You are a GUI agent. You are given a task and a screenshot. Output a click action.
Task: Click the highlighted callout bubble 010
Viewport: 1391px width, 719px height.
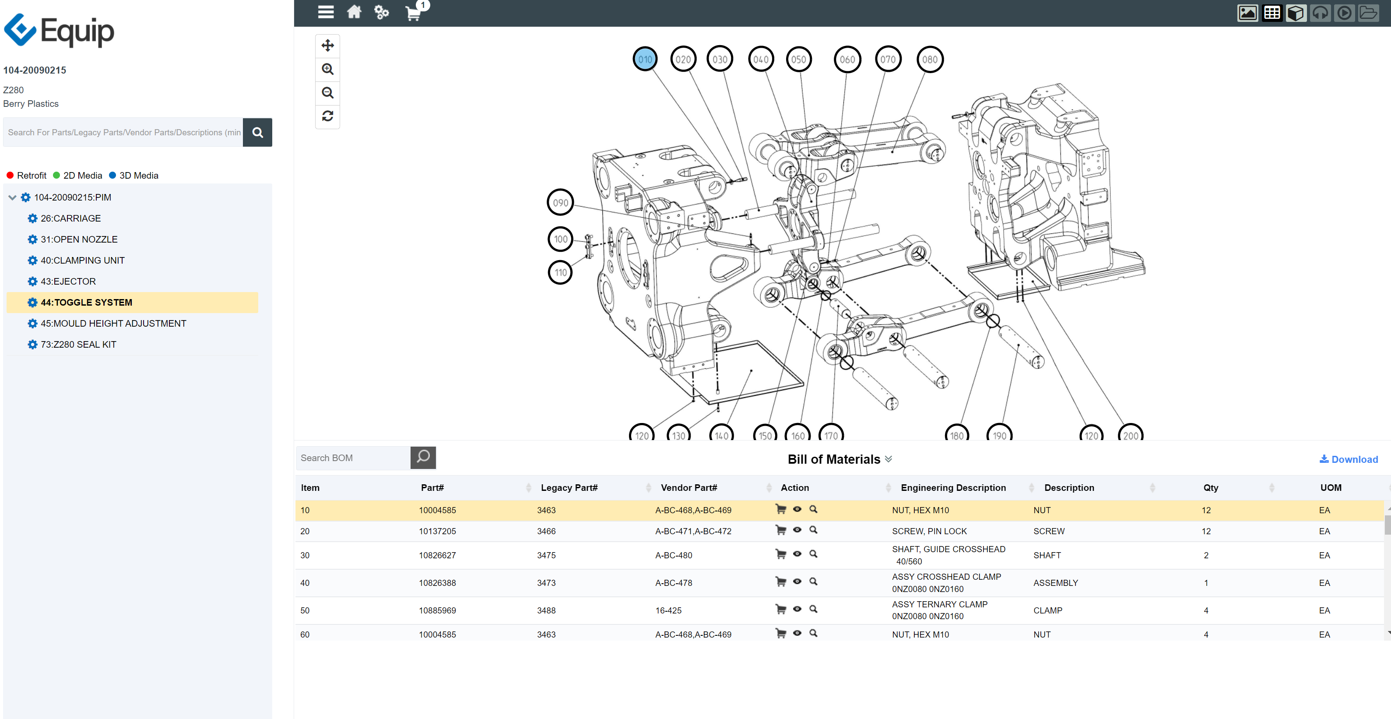pos(645,60)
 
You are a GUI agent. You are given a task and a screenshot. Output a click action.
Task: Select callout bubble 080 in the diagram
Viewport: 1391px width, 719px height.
pos(929,60)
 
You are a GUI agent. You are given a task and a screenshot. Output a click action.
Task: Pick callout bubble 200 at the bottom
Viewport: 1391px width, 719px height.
pos(1130,434)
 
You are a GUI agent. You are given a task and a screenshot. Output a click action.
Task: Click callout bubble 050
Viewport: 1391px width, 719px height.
pos(798,60)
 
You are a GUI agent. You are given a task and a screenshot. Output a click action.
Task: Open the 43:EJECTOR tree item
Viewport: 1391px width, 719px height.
pos(68,282)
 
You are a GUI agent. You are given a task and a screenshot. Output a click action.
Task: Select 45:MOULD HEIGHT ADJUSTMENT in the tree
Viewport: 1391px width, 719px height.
pos(113,324)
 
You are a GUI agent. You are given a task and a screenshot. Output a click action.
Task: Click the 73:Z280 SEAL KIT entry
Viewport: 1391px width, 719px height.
pos(78,345)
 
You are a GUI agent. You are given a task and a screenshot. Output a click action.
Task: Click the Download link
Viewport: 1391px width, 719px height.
pos(1349,459)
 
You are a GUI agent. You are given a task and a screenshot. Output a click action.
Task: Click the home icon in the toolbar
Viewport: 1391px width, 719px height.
pos(354,12)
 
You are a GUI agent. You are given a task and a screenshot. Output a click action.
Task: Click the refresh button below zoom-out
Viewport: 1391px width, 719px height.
pos(327,116)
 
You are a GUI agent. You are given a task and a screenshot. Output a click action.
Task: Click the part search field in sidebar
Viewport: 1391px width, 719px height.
pos(123,132)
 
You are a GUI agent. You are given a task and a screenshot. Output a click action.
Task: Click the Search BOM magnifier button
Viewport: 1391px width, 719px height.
pos(423,458)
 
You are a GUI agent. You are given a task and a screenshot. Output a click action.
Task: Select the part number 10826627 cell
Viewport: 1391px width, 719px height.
pos(437,555)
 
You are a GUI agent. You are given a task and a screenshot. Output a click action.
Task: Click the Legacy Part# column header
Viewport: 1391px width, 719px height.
pos(569,487)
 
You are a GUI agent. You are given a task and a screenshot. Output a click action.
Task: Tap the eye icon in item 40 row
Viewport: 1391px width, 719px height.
pos(797,581)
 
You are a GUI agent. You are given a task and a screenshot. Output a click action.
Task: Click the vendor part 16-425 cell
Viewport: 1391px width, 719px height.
pos(668,610)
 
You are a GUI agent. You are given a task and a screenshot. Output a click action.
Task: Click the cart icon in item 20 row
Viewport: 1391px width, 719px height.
pos(780,530)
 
